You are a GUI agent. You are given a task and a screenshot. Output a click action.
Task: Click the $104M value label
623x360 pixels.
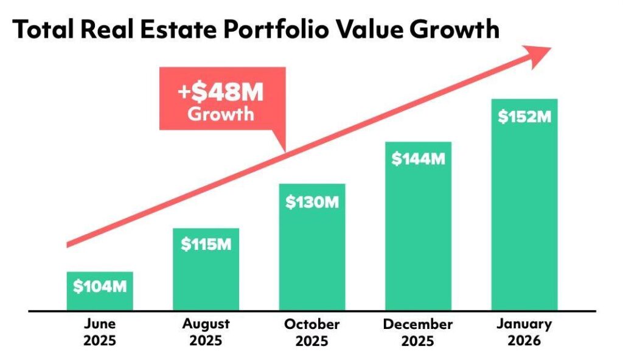pos(100,286)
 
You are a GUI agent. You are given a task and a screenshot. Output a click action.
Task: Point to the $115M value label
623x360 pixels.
pos(206,244)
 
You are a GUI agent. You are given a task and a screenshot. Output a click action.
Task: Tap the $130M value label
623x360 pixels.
pos(312,202)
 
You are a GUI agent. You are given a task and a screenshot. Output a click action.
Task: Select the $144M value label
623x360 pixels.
pos(418,159)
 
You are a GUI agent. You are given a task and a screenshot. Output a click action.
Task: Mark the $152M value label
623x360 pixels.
pos(524,117)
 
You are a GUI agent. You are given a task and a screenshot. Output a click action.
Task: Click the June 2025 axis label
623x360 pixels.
pos(100,332)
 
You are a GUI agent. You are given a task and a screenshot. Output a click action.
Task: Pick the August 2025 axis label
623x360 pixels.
pos(206,332)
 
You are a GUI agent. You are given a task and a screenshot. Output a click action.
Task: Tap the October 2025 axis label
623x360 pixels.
pos(312,332)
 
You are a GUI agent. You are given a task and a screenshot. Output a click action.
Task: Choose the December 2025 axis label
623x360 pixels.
pos(418,332)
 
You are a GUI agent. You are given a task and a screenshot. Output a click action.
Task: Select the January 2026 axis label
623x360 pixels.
pos(524,332)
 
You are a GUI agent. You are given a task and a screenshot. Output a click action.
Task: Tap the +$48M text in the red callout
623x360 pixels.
pos(221,94)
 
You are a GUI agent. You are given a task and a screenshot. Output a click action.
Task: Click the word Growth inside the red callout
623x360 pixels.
pos(221,114)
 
